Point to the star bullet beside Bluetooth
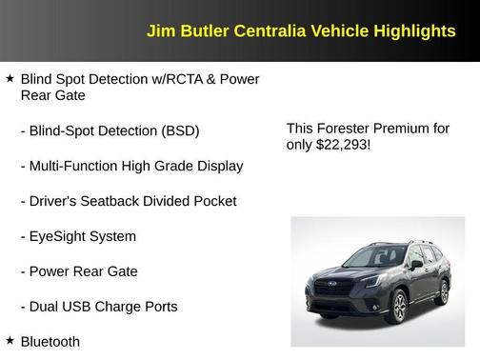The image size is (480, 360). coord(10,340)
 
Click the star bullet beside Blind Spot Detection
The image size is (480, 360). coord(10,78)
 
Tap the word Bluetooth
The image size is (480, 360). coord(50,341)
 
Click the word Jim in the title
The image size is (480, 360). coord(158,31)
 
